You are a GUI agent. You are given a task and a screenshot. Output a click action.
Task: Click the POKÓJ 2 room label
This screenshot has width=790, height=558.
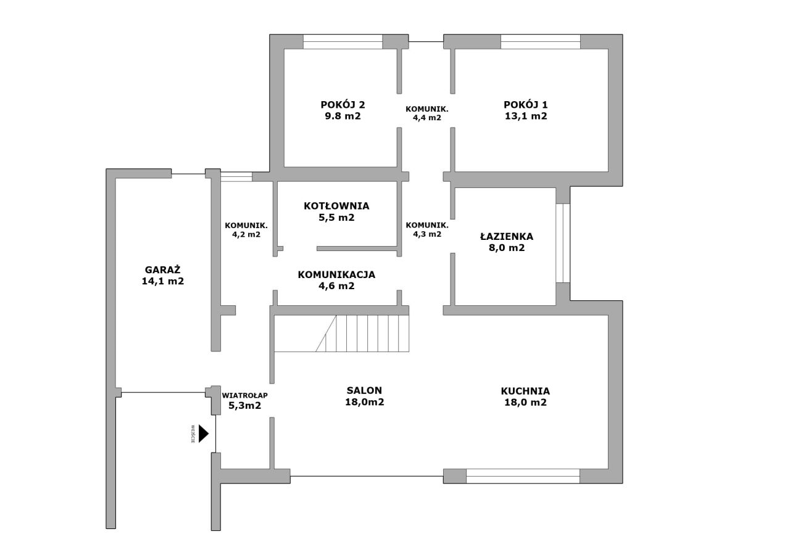point(343,105)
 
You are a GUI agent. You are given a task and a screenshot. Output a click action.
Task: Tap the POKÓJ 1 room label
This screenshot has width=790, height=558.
point(525,105)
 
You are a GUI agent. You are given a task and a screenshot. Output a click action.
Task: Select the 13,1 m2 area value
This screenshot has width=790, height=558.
point(526,116)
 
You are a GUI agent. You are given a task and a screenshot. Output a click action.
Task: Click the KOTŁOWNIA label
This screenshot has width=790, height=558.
point(336,206)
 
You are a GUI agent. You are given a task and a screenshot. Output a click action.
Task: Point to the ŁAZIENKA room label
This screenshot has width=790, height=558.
point(507,236)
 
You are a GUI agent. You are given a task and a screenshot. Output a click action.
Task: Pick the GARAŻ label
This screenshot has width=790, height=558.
point(162,269)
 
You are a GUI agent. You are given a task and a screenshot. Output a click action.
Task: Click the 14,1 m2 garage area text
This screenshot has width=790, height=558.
point(162,281)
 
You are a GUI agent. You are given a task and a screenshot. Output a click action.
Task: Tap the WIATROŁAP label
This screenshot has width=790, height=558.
point(245,395)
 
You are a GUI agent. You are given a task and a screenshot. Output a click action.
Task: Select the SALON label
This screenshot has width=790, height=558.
point(364,390)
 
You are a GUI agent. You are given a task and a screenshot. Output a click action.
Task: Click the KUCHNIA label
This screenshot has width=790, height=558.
point(525,391)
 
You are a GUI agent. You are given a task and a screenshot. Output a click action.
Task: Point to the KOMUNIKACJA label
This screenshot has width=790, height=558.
point(336,274)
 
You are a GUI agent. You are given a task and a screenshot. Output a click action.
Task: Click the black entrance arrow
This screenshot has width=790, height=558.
point(204,433)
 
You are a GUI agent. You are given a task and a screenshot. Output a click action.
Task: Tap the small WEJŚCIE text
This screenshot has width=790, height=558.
point(193,433)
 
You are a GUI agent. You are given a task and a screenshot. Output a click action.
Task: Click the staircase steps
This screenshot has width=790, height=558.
point(362,333)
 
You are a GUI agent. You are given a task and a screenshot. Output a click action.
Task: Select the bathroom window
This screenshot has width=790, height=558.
point(562,243)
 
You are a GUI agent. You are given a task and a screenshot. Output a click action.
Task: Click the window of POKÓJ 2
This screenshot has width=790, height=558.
point(343,41)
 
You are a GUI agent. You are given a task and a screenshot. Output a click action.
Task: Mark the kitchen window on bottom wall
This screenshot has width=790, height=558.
point(523,476)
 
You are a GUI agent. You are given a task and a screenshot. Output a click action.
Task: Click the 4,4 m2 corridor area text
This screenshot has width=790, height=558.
point(427,118)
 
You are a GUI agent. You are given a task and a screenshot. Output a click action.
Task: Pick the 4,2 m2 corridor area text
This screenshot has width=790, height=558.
point(246,234)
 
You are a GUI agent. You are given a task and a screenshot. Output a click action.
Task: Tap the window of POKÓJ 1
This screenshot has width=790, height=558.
point(541,41)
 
